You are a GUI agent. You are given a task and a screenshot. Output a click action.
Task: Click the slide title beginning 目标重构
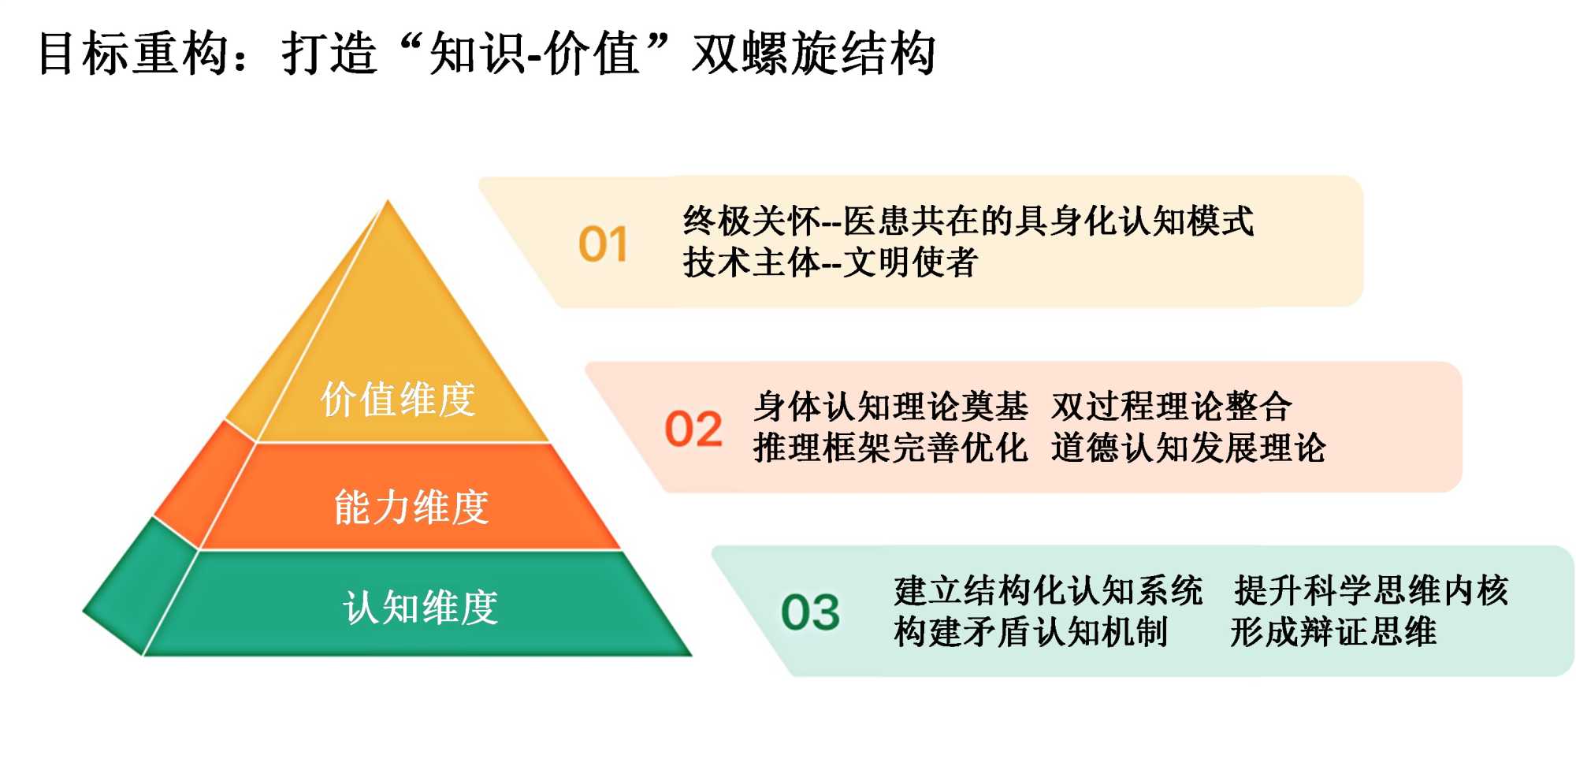487,54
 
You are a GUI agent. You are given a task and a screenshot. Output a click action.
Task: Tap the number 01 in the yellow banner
603,244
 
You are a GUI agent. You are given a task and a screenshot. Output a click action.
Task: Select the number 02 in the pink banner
693,430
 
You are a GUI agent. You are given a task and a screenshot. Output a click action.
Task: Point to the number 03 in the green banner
810,612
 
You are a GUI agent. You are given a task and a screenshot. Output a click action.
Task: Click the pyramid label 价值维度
398,399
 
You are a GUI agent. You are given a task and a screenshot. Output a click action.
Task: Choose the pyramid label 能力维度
411,507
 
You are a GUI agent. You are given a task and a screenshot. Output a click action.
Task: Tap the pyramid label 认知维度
421,608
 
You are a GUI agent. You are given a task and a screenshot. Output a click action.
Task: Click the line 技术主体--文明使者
831,262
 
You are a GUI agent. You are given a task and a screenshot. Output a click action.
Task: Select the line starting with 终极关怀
968,221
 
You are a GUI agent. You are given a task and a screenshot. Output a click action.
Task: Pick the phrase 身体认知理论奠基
890,407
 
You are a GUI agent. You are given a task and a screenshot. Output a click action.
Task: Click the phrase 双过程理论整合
1172,407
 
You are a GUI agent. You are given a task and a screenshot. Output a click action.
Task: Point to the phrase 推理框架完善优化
890,448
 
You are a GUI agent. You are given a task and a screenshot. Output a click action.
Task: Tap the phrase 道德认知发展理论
1189,448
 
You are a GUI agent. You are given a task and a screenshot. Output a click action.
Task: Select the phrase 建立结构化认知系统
1049,590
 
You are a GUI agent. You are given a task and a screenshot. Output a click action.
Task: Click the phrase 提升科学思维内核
1372,590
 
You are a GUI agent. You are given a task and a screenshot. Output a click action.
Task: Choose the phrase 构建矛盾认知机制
1031,632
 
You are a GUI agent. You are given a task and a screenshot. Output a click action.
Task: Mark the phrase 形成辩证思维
1334,632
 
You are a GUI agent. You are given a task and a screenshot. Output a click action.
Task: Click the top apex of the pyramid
388,201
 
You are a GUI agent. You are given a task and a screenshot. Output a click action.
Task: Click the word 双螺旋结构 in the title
814,54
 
